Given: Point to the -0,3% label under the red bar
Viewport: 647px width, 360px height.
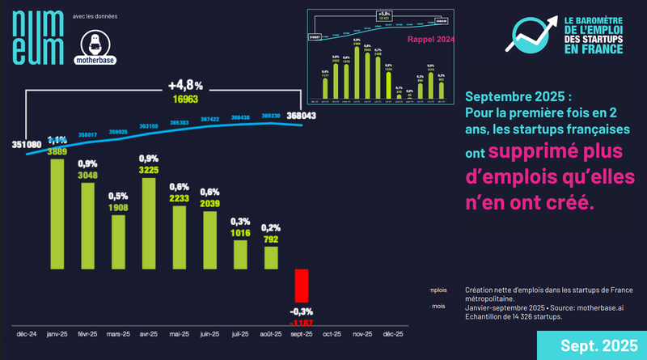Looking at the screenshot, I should point(302,311).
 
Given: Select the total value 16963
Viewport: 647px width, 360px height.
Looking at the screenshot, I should point(185,100).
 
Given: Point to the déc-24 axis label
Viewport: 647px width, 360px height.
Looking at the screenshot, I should point(27,332).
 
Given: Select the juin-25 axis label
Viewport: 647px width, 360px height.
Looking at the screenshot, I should point(209,332).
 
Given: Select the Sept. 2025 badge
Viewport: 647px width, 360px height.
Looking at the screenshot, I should point(601,345).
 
